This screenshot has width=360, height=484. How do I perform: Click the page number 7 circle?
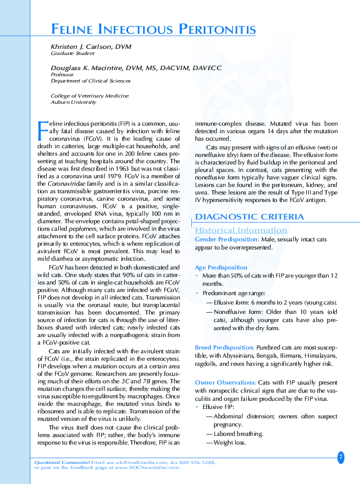pyautogui.click(x=341, y=457)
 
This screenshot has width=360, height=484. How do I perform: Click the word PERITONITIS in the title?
pyautogui.click(x=217, y=29)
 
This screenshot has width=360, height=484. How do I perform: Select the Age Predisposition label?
pyautogui.click(x=221, y=267)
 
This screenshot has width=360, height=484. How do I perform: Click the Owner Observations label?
pyautogui.click(x=225, y=382)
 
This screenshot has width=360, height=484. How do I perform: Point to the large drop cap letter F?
pyautogui.click(x=42, y=131)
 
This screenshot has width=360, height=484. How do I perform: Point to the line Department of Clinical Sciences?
pyautogui.click(x=90, y=81)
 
